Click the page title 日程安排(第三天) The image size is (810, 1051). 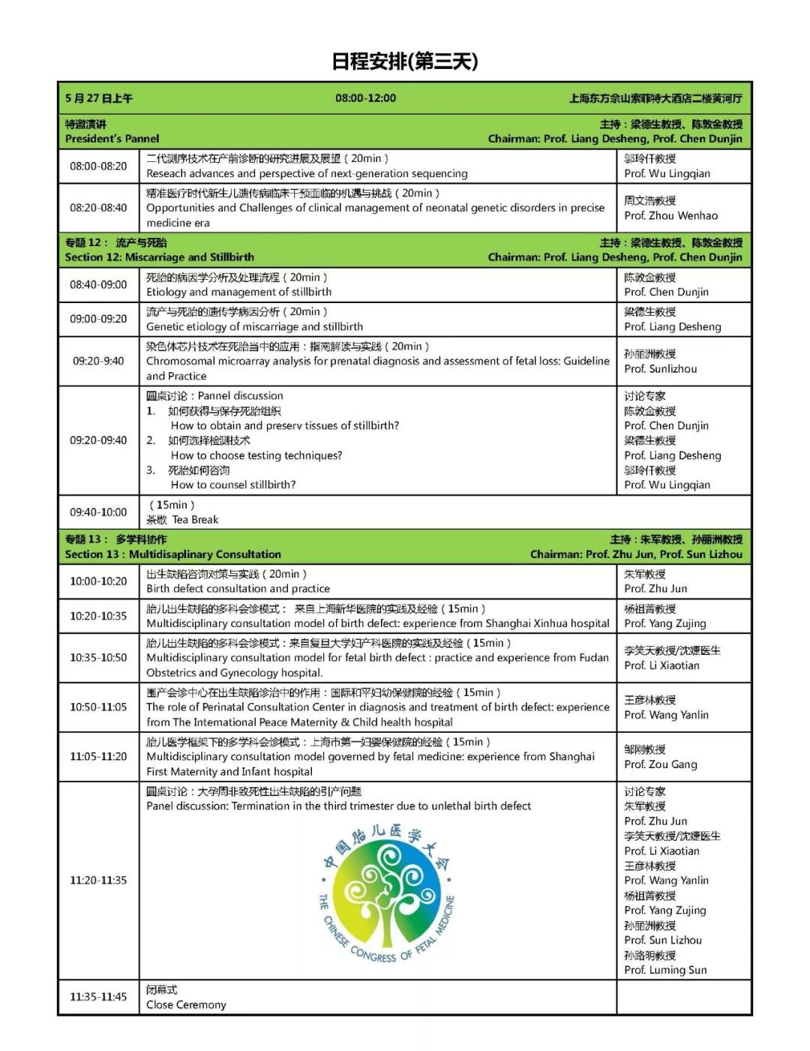[x=404, y=62]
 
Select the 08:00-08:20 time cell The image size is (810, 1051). [x=98, y=166]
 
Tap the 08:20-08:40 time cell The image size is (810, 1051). [x=98, y=208]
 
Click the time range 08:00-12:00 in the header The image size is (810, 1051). [x=365, y=98]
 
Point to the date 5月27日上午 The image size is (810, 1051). [x=99, y=98]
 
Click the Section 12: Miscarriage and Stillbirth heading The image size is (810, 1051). [x=159, y=257]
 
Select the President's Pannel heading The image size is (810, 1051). [x=112, y=138]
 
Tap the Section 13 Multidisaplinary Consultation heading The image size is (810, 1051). [x=172, y=554]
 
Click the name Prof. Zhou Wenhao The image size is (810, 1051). [x=670, y=215]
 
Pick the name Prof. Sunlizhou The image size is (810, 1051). [x=660, y=368]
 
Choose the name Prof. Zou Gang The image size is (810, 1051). [x=660, y=764]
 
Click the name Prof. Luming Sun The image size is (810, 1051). [x=665, y=969]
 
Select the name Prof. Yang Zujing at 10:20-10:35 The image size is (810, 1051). [x=664, y=623]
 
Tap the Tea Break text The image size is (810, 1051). [x=195, y=519]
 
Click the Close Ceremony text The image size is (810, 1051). [x=186, y=1004]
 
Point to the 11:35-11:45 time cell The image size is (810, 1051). [x=98, y=996]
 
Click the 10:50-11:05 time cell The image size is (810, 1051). [x=98, y=707]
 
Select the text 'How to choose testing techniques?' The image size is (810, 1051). [x=256, y=455]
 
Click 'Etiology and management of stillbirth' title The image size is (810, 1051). [x=238, y=292]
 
